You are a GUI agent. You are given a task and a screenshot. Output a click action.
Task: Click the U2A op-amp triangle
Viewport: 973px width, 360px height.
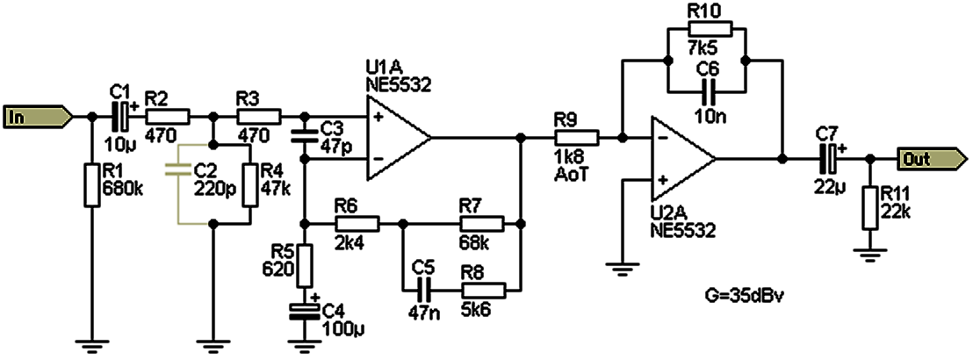pyautogui.click(x=681, y=160)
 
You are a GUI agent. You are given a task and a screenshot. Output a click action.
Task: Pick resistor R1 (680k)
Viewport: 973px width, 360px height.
pyautogui.click(x=92, y=184)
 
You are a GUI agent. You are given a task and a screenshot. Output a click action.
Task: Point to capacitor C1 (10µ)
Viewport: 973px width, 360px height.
pyautogui.click(x=122, y=116)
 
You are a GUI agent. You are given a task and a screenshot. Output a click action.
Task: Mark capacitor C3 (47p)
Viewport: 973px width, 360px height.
pyautogui.click(x=304, y=138)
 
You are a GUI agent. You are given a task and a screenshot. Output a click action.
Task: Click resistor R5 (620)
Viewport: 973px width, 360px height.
pyautogui.click(x=304, y=265)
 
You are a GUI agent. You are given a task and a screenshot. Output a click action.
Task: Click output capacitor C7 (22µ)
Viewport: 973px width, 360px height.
pyautogui.click(x=826, y=159)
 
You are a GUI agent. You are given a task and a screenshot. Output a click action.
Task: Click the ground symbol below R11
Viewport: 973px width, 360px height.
pyautogui.click(x=870, y=256)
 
